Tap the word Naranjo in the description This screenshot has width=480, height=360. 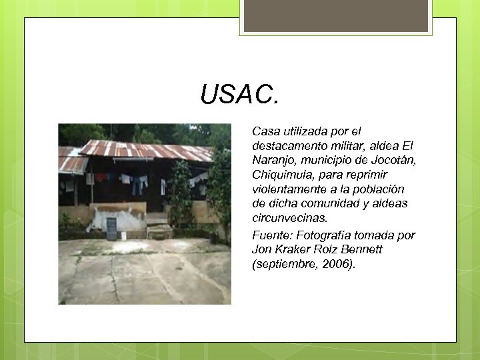pos(273,161)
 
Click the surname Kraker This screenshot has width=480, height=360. pos(294,249)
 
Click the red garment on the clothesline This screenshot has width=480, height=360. pos(101,177)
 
